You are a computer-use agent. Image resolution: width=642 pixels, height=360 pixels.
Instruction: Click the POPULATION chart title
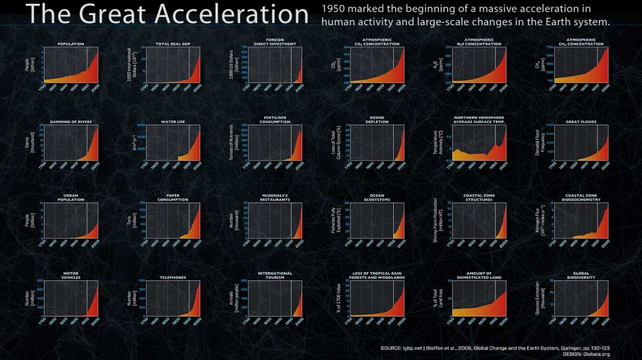(71, 44)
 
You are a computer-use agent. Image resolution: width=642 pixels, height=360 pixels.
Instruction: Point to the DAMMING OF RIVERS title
(71, 122)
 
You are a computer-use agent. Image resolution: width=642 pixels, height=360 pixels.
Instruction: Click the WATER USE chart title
(173, 122)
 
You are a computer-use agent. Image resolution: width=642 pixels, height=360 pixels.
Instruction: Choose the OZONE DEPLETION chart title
(377, 120)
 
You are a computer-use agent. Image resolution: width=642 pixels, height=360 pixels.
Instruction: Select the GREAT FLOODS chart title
(581, 122)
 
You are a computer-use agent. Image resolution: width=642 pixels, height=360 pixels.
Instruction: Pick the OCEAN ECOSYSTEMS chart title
(377, 198)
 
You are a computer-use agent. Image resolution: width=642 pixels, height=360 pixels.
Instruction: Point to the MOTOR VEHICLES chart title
(71, 275)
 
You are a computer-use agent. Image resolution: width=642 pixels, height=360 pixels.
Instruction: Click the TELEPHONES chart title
(173, 277)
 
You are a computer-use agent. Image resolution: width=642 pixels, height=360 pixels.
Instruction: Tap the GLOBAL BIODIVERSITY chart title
(581, 275)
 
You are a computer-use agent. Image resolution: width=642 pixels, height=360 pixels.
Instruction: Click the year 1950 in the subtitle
(332, 9)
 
